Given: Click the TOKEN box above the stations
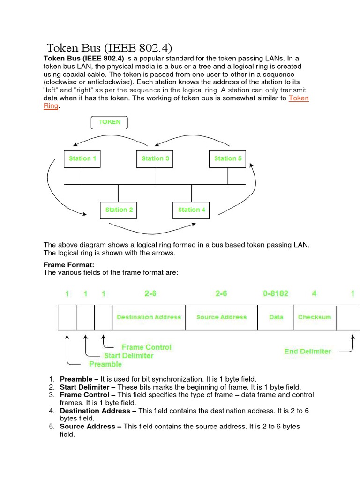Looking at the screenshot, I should coord(109,122).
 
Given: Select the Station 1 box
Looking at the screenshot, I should coord(82,158).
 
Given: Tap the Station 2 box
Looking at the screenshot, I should coord(119,210).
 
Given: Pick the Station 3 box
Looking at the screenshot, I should coord(155,158).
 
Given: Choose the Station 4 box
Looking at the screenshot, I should coord(192,210).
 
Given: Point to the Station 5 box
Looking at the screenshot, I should coord(228,158).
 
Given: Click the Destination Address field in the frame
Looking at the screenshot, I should coord(149,317).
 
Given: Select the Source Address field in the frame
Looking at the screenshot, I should coord(221,317).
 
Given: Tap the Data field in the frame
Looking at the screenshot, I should coord(276,317).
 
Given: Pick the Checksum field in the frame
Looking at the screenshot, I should coord(314,317).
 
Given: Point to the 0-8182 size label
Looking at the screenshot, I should coord(276,294).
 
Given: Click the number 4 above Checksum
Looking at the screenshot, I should coord(314,294).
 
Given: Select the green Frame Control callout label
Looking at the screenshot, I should coord(146,347).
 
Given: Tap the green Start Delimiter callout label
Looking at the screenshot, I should coord(128,356).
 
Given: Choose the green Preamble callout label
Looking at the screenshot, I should coord(105,364).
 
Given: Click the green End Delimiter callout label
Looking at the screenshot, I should coord(307,351).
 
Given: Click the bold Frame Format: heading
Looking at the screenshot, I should coord(69,265).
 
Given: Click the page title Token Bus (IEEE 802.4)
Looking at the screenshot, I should coord(109,47).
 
